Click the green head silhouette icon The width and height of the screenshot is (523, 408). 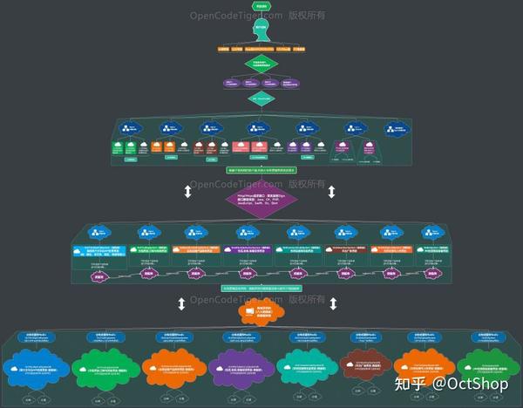pos(261,31)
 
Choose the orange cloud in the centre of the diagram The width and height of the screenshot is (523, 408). pos(261,312)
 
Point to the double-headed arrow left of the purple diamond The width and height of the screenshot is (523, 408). pos(187,191)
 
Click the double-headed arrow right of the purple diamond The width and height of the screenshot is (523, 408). pos(331,191)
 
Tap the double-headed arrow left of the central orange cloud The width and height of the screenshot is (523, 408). pos(182,303)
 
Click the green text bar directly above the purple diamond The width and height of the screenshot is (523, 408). pos(261,169)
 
